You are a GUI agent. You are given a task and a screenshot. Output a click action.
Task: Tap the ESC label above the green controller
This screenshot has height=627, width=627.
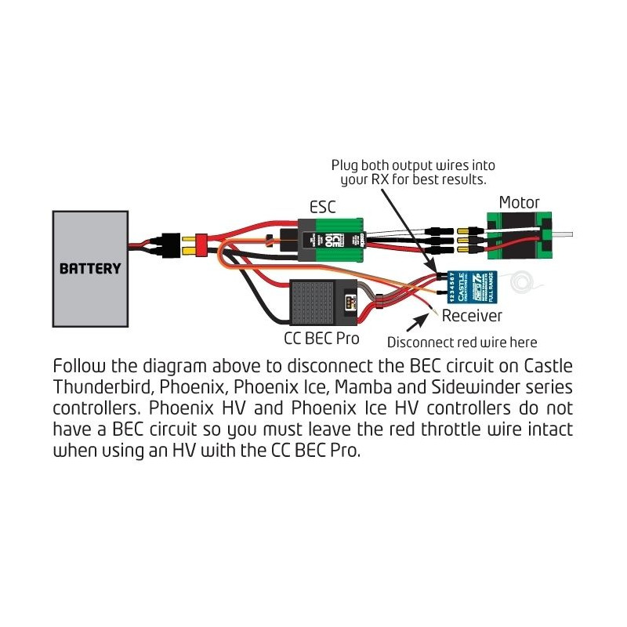coord(321,208)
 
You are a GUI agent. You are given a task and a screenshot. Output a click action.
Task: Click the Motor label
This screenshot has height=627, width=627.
coord(519,203)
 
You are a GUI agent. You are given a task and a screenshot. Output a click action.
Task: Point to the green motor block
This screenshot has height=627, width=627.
coord(514,234)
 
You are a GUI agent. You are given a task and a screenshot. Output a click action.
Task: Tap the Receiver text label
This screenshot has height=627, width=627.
coord(472,316)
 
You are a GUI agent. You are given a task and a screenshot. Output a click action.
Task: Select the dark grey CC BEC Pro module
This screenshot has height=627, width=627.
coord(317,303)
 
